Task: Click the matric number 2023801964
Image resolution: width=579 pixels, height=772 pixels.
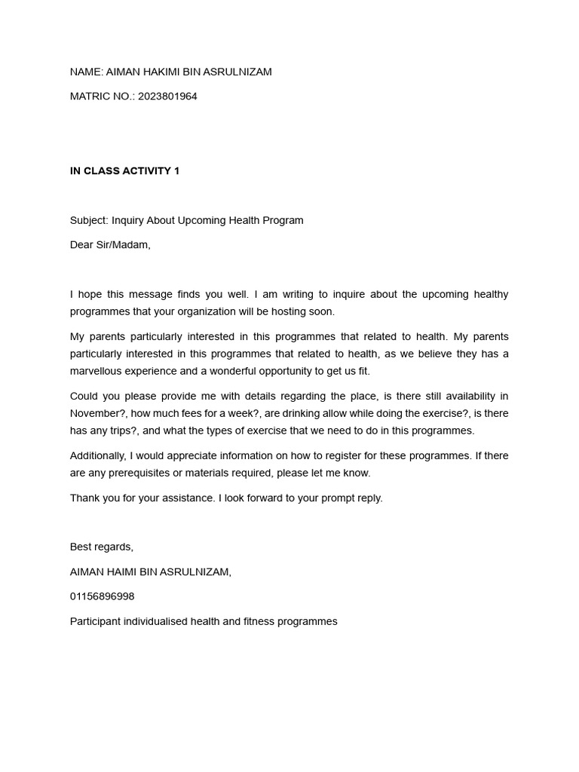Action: [x=167, y=96]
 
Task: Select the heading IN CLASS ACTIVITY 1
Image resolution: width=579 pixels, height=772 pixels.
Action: [x=124, y=171]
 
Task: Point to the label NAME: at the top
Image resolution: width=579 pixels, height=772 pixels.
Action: [x=86, y=72]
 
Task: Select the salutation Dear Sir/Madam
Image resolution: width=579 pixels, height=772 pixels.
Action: [x=110, y=245]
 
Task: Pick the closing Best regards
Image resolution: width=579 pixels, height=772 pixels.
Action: [x=101, y=547]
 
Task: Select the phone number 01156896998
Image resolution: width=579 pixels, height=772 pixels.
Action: [x=102, y=596]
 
